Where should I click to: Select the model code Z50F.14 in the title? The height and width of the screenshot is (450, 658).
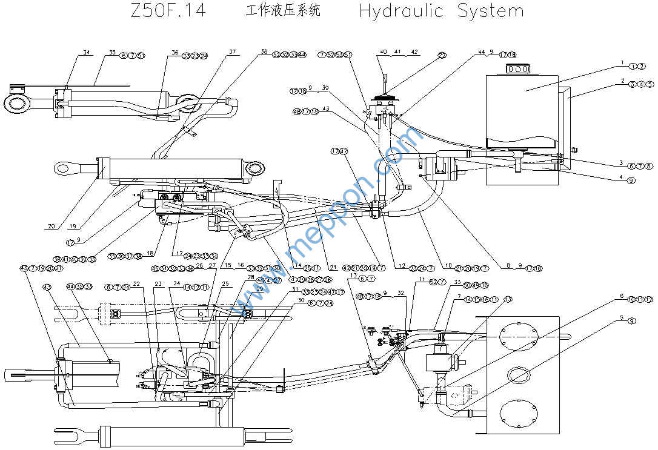click(168, 11)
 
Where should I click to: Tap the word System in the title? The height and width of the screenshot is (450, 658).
click(490, 11)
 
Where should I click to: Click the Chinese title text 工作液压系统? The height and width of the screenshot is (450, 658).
click(283, 11)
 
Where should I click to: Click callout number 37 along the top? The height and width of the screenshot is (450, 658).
click(232, 52)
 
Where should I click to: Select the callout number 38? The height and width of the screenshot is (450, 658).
click(264, 52)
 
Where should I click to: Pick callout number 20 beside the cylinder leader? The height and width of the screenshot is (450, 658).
click(52, 227)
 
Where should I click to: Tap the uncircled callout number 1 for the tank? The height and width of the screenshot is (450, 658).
click(622, 62)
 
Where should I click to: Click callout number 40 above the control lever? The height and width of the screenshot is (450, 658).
click(383, 52)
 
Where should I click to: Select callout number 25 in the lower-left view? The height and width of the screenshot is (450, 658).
click(226, 283)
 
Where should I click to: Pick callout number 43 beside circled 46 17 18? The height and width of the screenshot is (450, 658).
click(325, 109)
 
